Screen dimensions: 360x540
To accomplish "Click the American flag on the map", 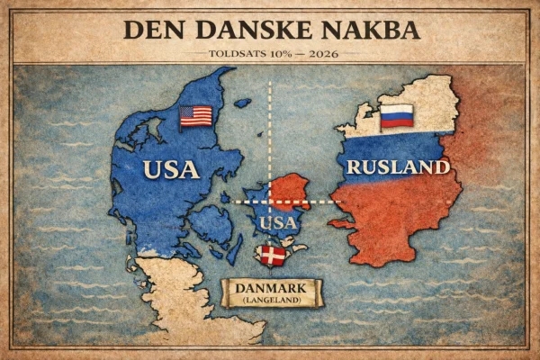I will (x=195, y=116).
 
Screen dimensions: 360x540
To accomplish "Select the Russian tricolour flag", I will (x=396, y=115).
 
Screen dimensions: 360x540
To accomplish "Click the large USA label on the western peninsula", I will (x=170, y=168).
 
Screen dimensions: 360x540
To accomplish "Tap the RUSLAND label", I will (x=397, y=167).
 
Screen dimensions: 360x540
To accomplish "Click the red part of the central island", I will (x=292, y=189).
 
